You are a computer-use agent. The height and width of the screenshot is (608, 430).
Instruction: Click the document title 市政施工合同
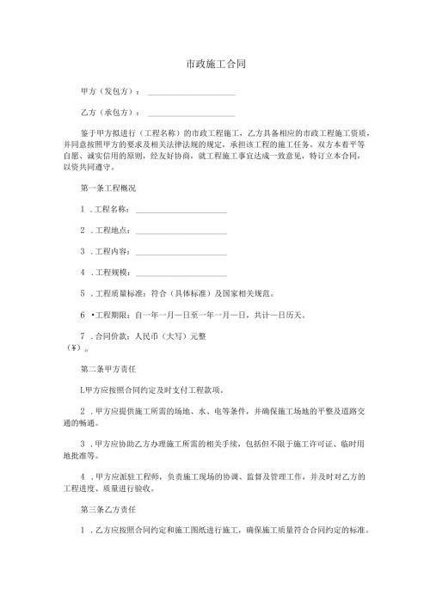pyautogui.click(x=216, y=64)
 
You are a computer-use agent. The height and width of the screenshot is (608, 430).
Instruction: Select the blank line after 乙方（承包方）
pyautogui.click(x=191, y=115)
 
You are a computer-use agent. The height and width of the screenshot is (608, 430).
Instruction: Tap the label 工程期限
pyautogui.click(x=112, y=316)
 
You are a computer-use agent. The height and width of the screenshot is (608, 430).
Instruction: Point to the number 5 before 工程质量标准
pyautogui.click(x=82, y=294)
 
